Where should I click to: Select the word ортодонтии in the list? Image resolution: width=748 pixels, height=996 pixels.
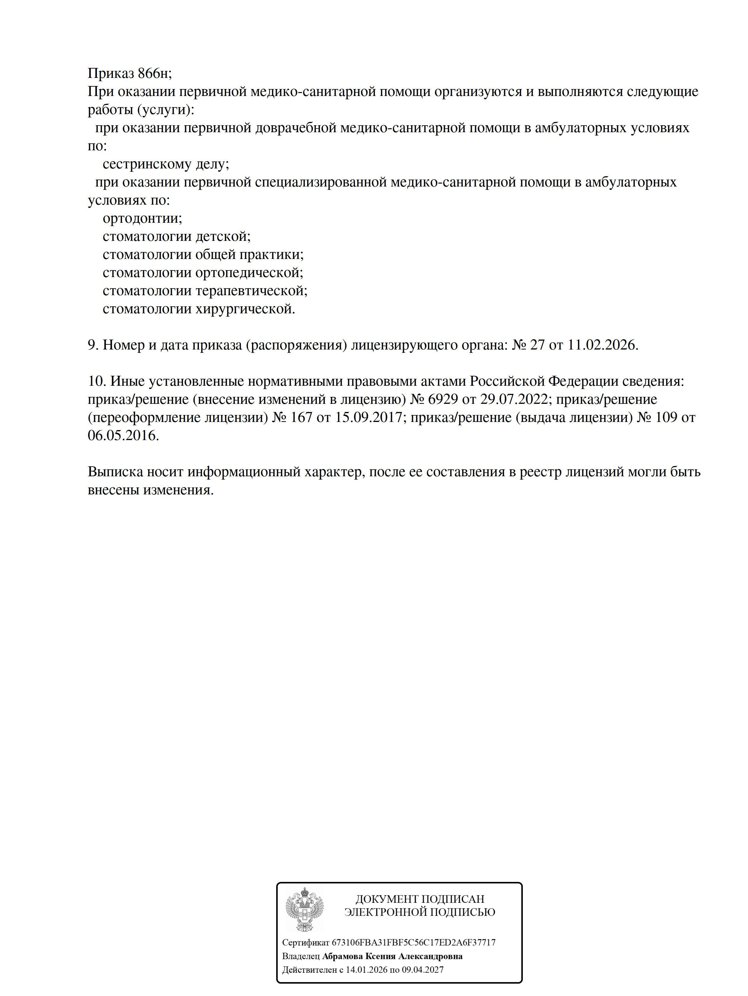[x=142, y=219]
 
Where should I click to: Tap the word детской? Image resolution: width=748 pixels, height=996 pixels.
[x=222, y=236]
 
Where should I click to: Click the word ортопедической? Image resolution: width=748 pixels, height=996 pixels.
[x=249, y=273]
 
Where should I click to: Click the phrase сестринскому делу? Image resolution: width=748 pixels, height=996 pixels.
[x=166, y=164]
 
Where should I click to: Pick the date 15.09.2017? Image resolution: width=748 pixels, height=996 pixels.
[x=368, y=417]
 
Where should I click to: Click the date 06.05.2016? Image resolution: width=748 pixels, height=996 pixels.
[x=123, y=436]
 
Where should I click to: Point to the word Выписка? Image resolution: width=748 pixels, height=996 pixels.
[x=115, y=472]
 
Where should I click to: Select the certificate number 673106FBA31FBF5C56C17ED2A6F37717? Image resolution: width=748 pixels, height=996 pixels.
[x=414, y=942]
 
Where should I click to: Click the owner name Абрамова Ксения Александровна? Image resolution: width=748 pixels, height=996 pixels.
[x=392, y=956]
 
